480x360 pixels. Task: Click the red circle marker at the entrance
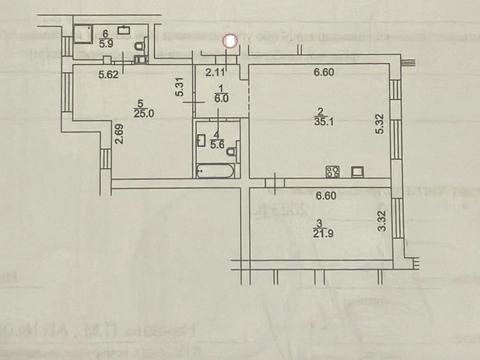tap(229, 41)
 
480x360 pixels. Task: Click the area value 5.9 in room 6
tap(107, 43)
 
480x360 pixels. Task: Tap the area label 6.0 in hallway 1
tap(223, 98)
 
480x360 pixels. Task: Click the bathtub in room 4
tap(215, 172)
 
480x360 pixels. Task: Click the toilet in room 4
tap(232, 150)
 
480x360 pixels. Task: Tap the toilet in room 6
tap(139, 44)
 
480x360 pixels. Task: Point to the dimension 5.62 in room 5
tap(109, 74)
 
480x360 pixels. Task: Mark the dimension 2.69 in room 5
tap(118, 134)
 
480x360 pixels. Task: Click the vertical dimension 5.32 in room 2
tap(378, 123)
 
